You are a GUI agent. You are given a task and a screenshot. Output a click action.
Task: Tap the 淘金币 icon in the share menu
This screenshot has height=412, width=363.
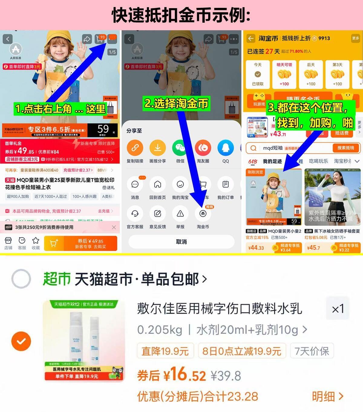pyautogui.click(x=203, y=214)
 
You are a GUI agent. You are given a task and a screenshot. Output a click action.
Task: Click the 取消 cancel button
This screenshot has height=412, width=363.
pyautogui.click(x=181, y=242)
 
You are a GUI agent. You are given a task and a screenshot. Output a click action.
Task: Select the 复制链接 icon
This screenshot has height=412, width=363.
pyautogui.click(x=135, y=148)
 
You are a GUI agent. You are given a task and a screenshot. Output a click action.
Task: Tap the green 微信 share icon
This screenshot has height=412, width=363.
pyautogui.click(x=180, y=148)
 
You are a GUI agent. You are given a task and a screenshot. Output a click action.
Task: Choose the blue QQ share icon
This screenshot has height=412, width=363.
pyautogui.click(x=226, y=148)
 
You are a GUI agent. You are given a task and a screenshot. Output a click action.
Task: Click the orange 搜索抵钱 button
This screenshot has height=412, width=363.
pyautogui.click(x=345, y=148)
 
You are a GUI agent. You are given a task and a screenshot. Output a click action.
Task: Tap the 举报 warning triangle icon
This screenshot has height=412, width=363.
pyautogui.click(x=180, y=214)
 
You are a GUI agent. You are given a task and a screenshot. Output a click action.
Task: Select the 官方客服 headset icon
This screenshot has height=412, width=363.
pyautogui.click(x=135, y=214)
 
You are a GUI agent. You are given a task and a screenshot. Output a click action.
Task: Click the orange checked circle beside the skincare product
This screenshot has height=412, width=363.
pyautogui.click(x=21, y=341)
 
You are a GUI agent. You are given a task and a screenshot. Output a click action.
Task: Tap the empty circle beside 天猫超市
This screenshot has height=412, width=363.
pyautogui.click(x=21, y=279)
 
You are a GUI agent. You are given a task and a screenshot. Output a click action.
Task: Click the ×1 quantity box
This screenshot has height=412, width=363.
pyautogui.click(x=338, y=309)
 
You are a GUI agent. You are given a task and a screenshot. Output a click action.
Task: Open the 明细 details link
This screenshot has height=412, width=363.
pyautogui.click(x=327, y=396)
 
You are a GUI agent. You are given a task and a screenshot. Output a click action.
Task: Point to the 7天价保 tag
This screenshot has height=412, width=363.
pyautogui.click(x=312, y=351)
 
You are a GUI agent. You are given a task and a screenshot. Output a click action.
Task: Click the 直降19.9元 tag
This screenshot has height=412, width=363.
pyautogui.click(x=165, y=351)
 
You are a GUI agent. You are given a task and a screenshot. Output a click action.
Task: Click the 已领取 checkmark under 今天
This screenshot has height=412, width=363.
pyautogui.click(x=258, y=74)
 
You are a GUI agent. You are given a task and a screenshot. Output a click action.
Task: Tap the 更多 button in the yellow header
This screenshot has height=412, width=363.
pyautogui.click(x=355, y=38)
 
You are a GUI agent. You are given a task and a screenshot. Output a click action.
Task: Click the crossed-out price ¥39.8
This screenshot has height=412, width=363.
pyautogui.click(x=226, y=376)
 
